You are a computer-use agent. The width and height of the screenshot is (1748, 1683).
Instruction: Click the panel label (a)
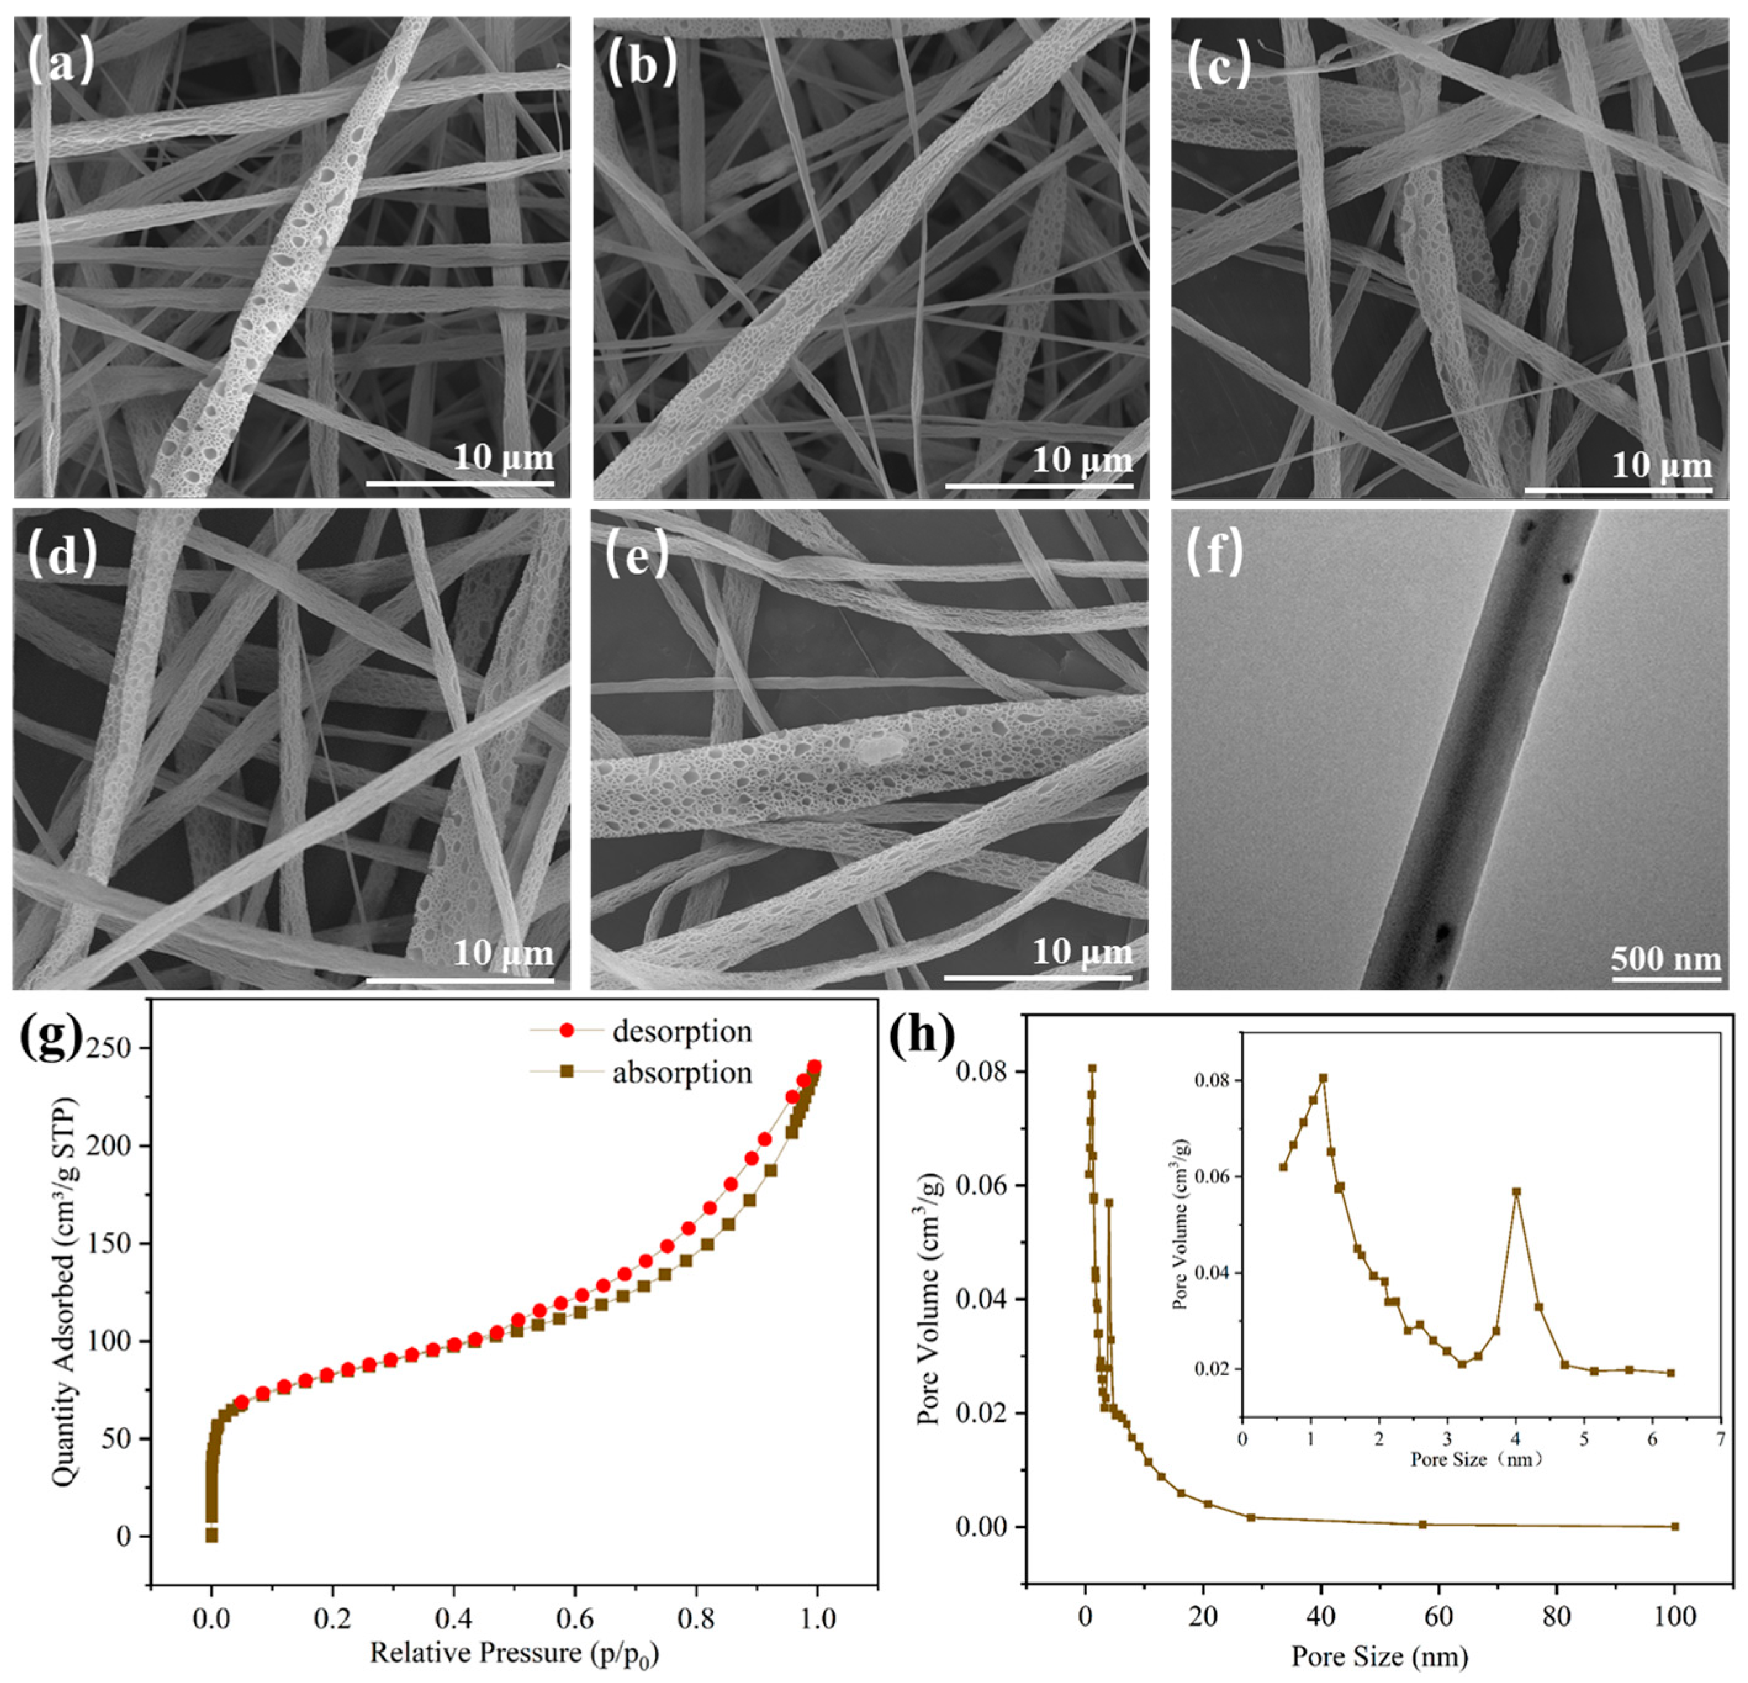60,62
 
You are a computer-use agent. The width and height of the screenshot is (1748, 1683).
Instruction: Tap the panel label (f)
1214,553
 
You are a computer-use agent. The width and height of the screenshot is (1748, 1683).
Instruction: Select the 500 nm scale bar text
1665,958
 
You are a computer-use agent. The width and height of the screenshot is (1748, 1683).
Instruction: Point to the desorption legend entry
681,1032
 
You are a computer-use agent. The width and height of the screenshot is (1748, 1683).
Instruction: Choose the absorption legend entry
681,1073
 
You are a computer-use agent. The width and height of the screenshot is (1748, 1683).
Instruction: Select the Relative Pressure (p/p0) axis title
515,1653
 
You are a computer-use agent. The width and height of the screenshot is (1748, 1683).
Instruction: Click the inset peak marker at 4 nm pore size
1516,1190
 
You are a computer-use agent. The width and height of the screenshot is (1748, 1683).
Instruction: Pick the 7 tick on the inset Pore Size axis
1720,1439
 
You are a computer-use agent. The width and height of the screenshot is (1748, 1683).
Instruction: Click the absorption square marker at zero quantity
211,1536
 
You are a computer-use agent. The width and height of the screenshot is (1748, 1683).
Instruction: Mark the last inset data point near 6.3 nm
1670,1373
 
